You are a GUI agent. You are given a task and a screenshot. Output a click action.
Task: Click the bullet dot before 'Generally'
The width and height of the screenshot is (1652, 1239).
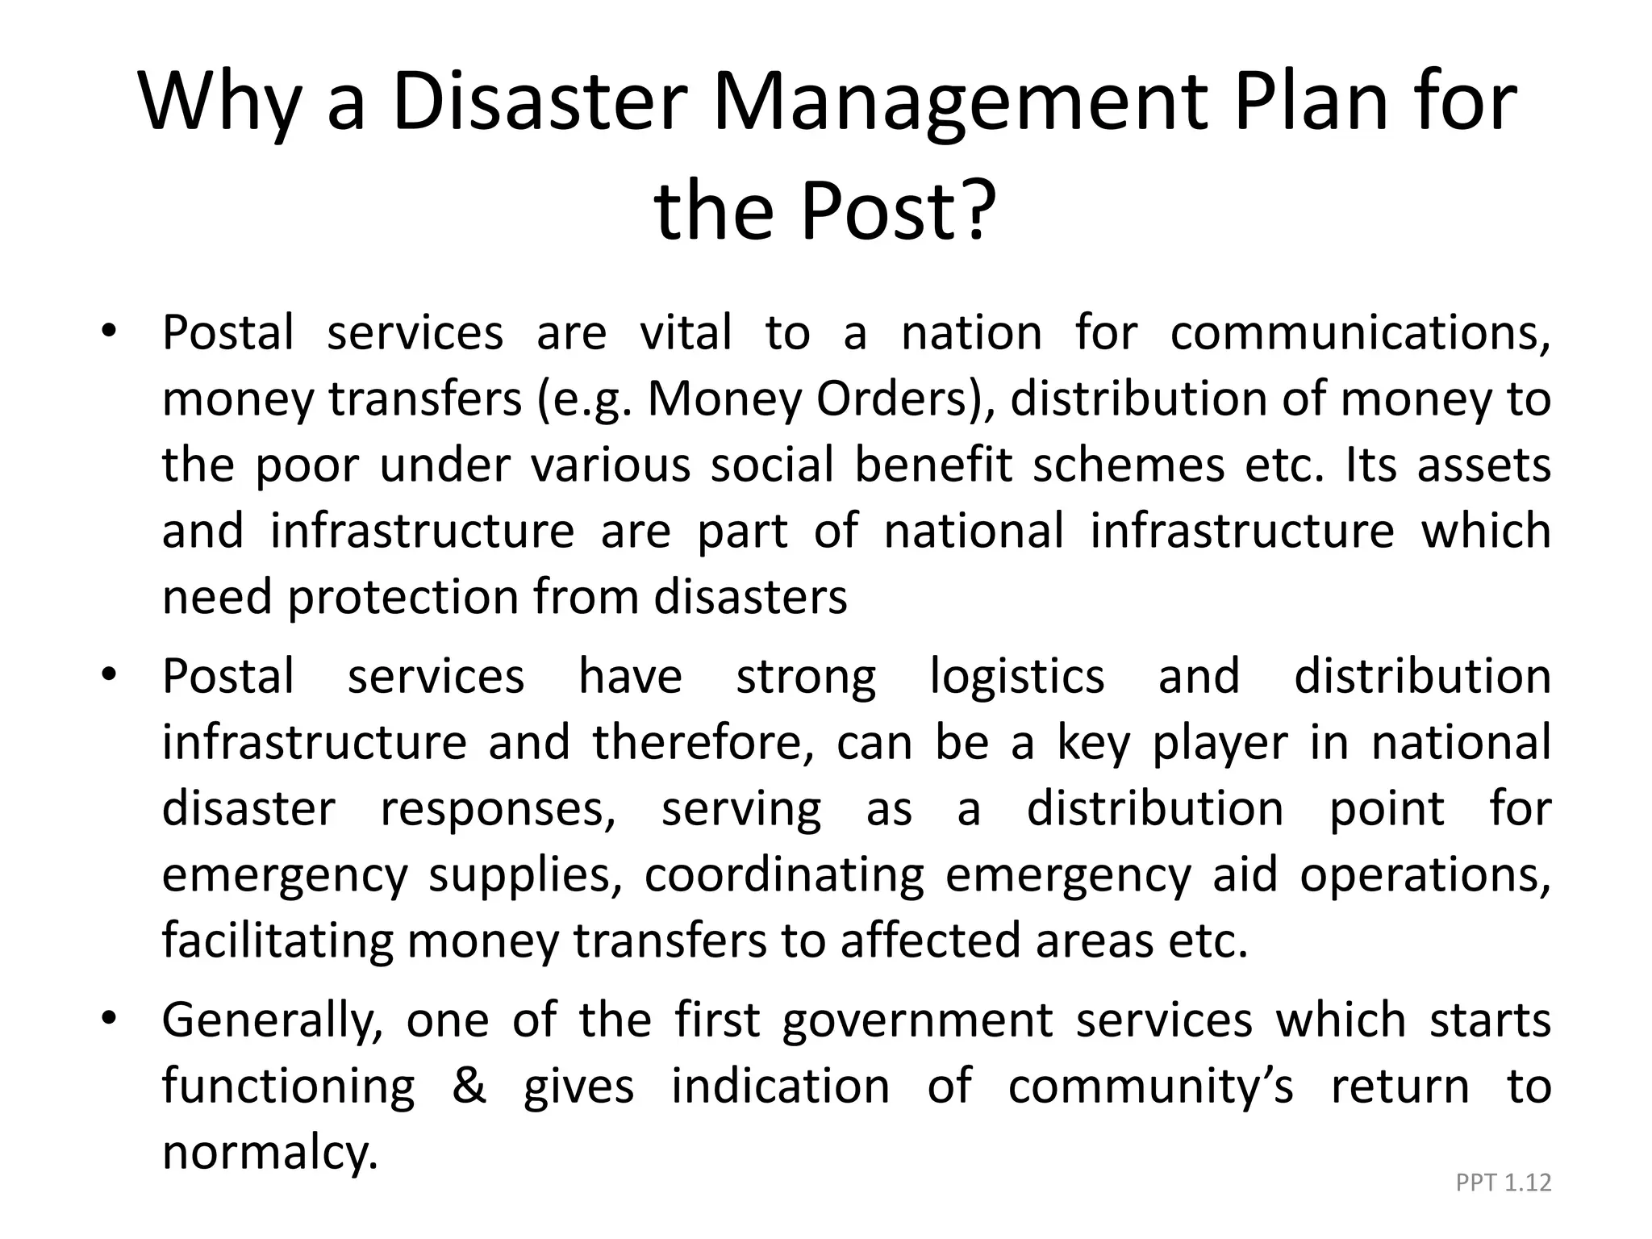click(109, 1018)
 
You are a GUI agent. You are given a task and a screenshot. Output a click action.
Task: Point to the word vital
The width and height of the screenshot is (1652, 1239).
click(686, 332)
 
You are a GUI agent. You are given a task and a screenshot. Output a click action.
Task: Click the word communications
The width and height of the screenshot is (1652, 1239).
click(1359, 332)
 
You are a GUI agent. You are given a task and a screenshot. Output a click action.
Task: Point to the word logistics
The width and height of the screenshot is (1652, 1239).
click(1016, 676)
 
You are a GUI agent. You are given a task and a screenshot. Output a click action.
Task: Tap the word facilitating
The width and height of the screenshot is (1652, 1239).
click(277, 941)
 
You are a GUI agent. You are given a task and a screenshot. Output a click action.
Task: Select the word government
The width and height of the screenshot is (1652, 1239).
click(918, 1020)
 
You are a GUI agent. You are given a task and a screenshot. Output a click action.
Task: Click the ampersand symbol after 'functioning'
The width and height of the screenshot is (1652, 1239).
click(469, 1086)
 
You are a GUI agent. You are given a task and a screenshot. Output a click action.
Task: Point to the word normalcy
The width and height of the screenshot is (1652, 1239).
click(269, 1152)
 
